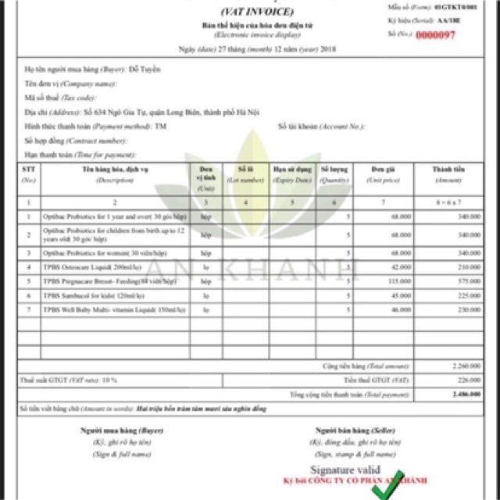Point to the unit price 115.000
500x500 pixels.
coord(401,280)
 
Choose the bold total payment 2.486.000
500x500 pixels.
coord(466,395)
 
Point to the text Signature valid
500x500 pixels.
coord(345,471)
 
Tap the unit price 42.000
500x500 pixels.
coord(402,266)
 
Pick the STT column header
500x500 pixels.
coord(28,169)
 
